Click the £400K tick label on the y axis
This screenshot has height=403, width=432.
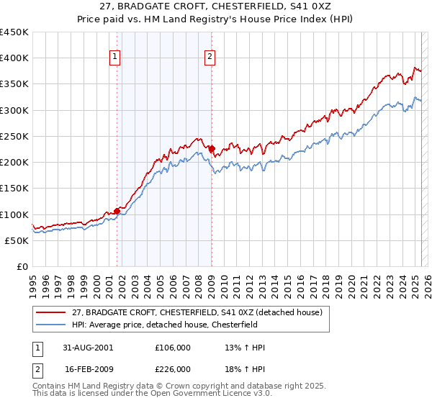click(14, 58)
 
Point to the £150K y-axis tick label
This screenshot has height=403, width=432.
click(14, 189)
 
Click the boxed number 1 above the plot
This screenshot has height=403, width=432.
click(115, 58)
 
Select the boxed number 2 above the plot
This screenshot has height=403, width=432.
click(210, 58)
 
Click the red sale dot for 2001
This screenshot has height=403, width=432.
click(117, 212)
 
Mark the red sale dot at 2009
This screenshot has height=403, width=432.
click(212, 149)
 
